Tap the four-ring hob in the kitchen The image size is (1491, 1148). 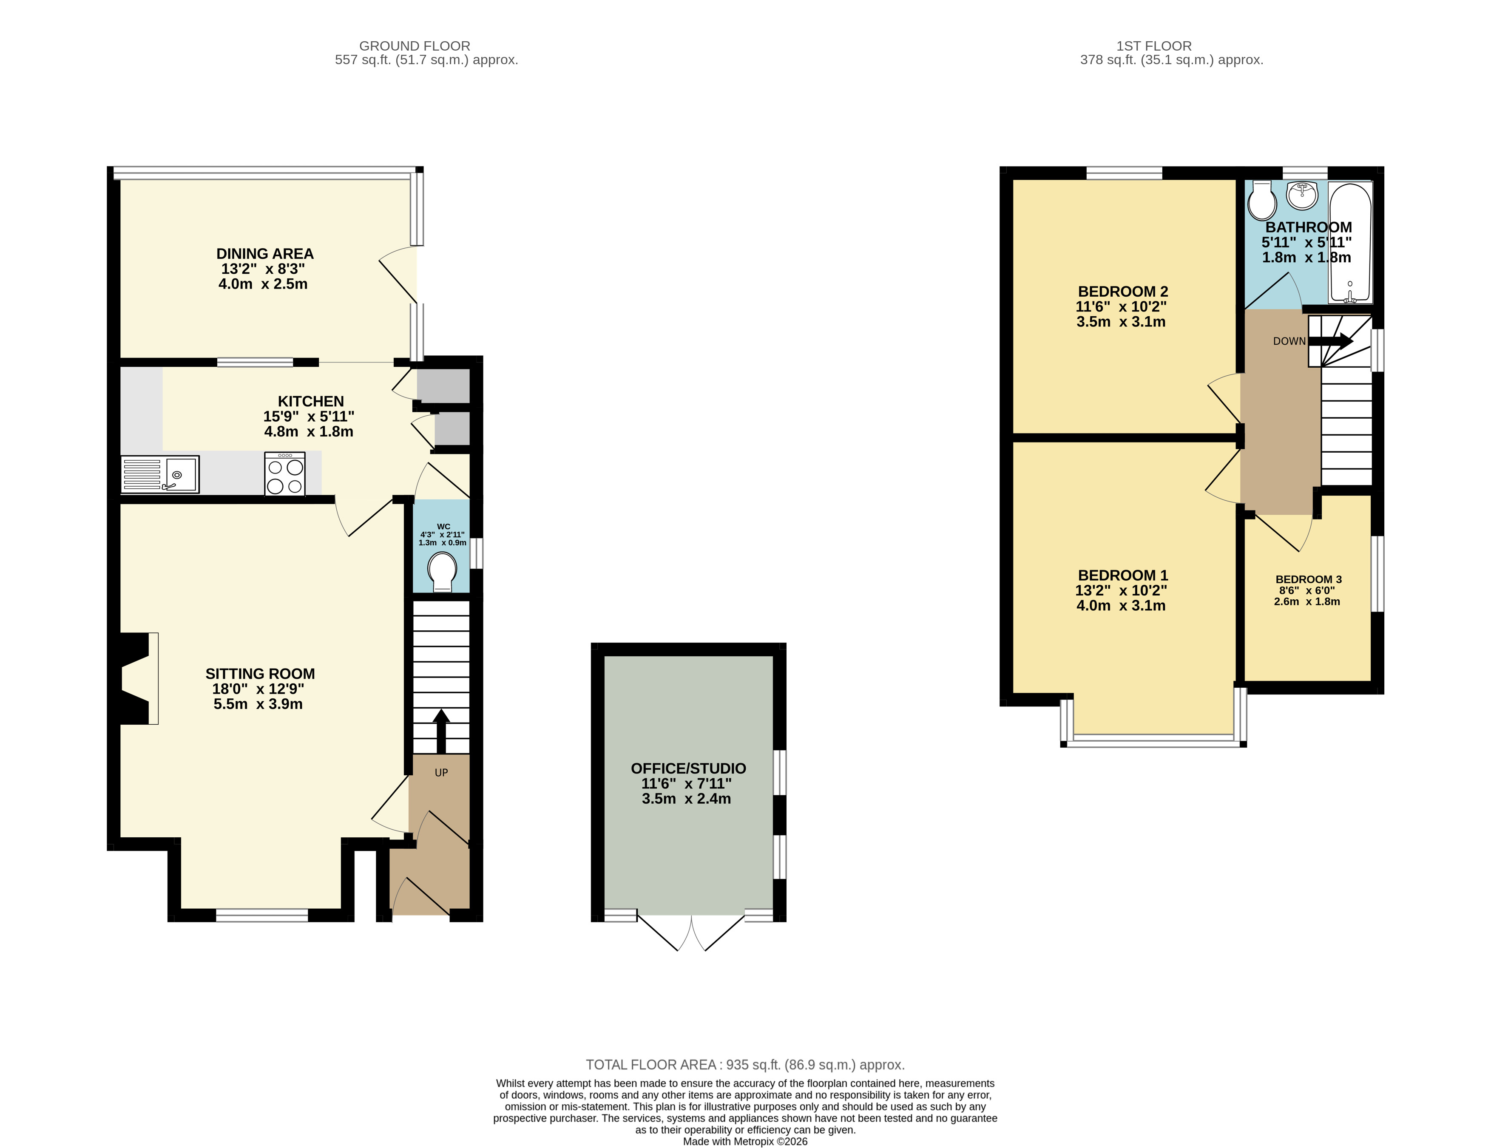click(285, 473)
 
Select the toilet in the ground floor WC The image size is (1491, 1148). click(442, 571)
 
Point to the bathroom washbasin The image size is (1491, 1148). click(1302, 195)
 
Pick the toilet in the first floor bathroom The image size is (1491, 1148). click(1261, 198)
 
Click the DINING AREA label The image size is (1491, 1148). click(265, 254)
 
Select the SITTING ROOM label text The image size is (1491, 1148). click(260, 674)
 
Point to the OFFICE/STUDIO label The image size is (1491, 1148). click(688, 768)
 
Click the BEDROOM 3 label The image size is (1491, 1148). click(1308, 579)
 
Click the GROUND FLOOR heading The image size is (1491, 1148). click(415, 46)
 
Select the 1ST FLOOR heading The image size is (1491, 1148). click(1154, 46)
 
